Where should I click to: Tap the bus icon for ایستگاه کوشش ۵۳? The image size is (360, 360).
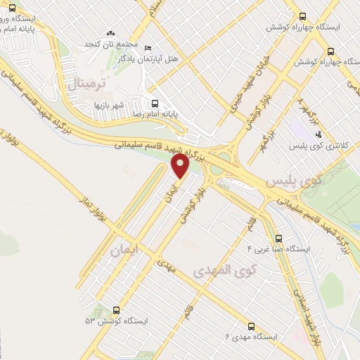point(116,309)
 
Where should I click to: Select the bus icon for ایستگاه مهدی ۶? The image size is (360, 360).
point(252,326)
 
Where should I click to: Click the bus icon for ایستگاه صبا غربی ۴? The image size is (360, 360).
point(278,238)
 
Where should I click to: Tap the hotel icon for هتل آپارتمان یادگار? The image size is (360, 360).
point(146,48)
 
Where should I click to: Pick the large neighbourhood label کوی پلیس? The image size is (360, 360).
point(290,181)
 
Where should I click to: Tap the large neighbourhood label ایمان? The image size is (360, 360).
point(126,250)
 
